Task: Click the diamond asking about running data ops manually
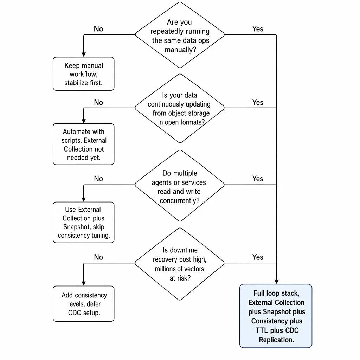[180, 35]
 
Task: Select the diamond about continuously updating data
[180, 108]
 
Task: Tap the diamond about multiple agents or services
[180, 186]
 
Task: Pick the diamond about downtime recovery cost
[180, 264]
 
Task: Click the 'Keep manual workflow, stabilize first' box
[84, 74]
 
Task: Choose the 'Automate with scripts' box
[84, 144]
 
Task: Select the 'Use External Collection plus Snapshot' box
[84, 222]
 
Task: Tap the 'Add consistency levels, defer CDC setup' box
[84, 303]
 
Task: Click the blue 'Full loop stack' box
[276, 316]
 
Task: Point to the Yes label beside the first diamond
[258, 29]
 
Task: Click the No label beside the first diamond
[98, 29]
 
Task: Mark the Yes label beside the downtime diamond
[258, 257]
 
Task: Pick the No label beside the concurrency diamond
[98, 179]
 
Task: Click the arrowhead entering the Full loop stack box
[276, 282]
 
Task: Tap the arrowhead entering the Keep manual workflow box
[84, 54]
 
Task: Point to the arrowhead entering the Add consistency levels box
[84, 284]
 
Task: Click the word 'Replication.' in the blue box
[276, 340]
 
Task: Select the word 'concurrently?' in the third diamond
[180, 201]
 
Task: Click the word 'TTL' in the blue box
[262, 330]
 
